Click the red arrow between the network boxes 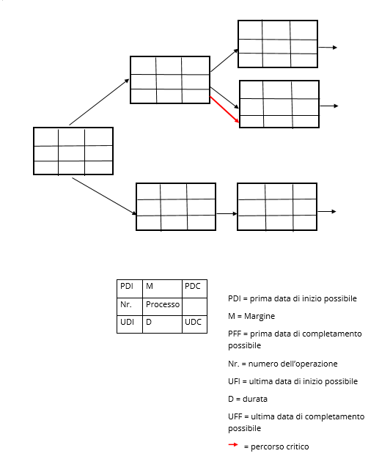tap(224, 109)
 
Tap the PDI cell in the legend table tap(130, 289)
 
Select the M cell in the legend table tap(162, 289)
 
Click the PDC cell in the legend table tap(194, 289)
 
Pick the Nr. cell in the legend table tap(130, 306)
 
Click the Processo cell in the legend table tap(162, 306)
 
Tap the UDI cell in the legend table tap(130, 324)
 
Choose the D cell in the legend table tap(162, 324)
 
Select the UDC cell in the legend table tap(194, 324)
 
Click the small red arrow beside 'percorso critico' tap(233, 445)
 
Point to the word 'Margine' tap(260, 316)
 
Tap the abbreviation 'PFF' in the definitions tap(235, 334)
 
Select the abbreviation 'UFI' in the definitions tap(234, 381)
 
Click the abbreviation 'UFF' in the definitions tap(235, 416)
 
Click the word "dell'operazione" tap(312, 364)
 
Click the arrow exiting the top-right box tap(328, 48)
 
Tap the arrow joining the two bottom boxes tap(227, 213)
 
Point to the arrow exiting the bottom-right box tap(326, 211)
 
